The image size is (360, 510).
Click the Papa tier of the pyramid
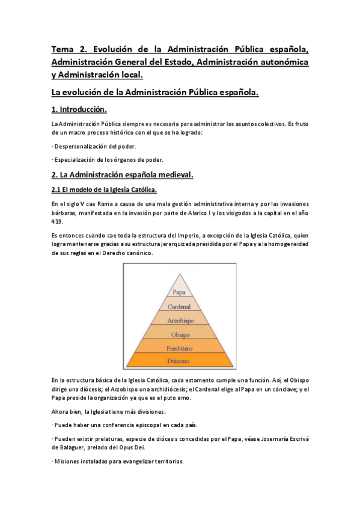tap(178, 292)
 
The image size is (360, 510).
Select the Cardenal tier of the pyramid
tap(178, 306)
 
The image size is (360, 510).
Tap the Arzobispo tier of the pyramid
tap(178, 320)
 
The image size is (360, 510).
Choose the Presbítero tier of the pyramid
tap(178, 348)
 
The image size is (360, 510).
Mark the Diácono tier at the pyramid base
tap(178, 361)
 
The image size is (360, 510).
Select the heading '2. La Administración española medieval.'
tap(121, 175)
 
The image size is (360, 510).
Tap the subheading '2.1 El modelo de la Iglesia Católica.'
tap(104, 190)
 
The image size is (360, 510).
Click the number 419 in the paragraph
tap(58, 221)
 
